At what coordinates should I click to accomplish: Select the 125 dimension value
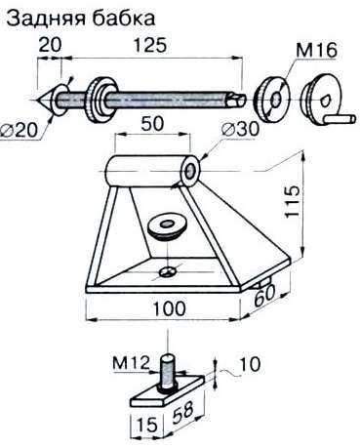pos(150,45)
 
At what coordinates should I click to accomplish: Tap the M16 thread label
pos(316,51)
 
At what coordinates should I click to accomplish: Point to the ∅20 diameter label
pos(19,131)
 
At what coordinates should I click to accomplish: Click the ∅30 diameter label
pos(240,129)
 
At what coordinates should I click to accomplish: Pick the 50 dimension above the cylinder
pos(152,123)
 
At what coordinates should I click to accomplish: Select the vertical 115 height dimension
pos(292,201)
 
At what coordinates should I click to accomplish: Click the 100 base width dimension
pos(169,308)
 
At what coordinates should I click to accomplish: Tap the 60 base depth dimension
pos(264,296)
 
